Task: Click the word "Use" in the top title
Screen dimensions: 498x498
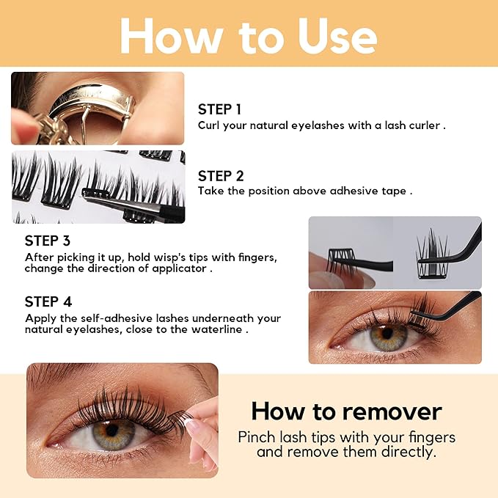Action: pyautogui.click(x=337, y=35)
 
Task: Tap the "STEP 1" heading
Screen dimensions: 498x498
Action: pyautogui.click(x=219, y=109)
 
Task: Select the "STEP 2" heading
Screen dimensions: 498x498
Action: pyautogui.click(x=221, y=176)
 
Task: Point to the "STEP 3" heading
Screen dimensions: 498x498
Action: pyautogui.click(x=48, y=241)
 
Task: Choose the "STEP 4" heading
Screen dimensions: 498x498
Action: pyautogui.click(x=48, y=301)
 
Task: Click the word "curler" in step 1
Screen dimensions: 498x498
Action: pyautogui.click(x=425, y=125)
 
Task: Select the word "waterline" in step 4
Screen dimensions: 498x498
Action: pyautogui.click(x=216, y=329)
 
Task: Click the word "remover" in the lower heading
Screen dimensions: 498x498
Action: pyautogui.click(x=392, y=411)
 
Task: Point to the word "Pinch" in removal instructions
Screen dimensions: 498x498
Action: pyautogui.click(x=257, y=437)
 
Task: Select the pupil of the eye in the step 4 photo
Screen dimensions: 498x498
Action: pyautogui.click(x=387, y=333)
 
